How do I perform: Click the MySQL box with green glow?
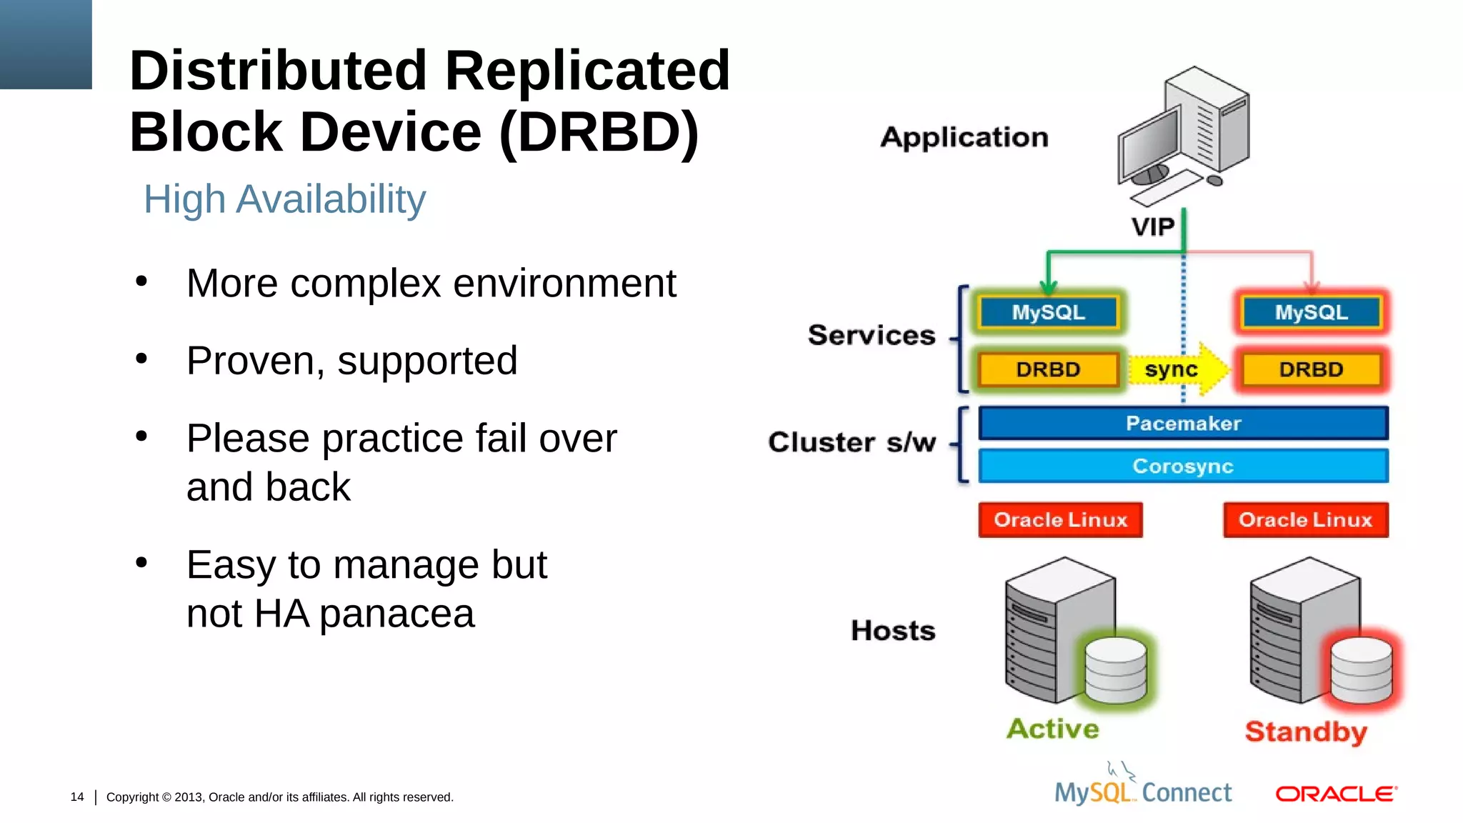tap(1048, 312)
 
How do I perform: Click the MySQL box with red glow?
tap(1311, 312)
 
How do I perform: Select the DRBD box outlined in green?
tap(1048, 369)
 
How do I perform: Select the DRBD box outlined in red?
tap(1311, 369)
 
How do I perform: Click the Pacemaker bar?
tap(1183, 423)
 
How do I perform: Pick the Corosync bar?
tap(1183, 466)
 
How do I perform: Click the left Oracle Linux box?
tap(1060, 519)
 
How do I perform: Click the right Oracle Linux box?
tap(1305, 519)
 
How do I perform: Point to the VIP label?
tap(1152, 227)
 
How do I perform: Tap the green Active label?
tap(1053, 729)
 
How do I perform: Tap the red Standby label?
tap(1306, 732)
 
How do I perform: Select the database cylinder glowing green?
tap(1115, 670)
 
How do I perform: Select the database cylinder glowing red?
tap(1362, 670)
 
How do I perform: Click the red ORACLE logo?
tap(1336, 794)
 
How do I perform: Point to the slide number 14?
tap(77, 797)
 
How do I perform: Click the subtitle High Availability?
tap(284, 199)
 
